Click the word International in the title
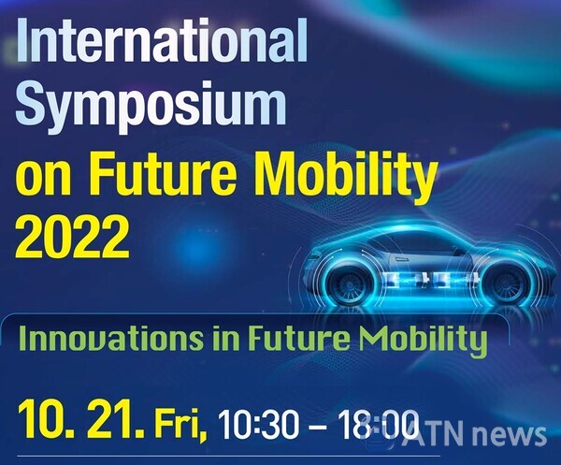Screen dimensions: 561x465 162,40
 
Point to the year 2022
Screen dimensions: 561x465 72,236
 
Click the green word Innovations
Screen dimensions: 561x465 111,338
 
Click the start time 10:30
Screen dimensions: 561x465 258,425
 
